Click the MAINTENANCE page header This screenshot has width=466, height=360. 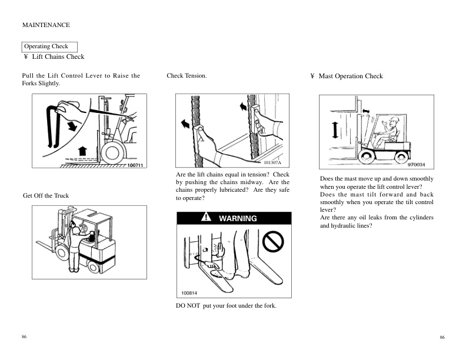46,25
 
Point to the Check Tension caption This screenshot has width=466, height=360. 187,76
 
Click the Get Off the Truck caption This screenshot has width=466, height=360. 45,195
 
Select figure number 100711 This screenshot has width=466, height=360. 135,166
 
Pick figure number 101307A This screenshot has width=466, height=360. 272,162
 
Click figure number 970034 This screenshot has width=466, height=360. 415,165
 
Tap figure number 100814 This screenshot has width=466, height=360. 189,292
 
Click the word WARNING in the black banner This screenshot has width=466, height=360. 238,218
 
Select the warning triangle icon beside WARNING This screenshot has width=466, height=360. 206,218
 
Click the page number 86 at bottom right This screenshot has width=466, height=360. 442,337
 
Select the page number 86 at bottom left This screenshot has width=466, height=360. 24,336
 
